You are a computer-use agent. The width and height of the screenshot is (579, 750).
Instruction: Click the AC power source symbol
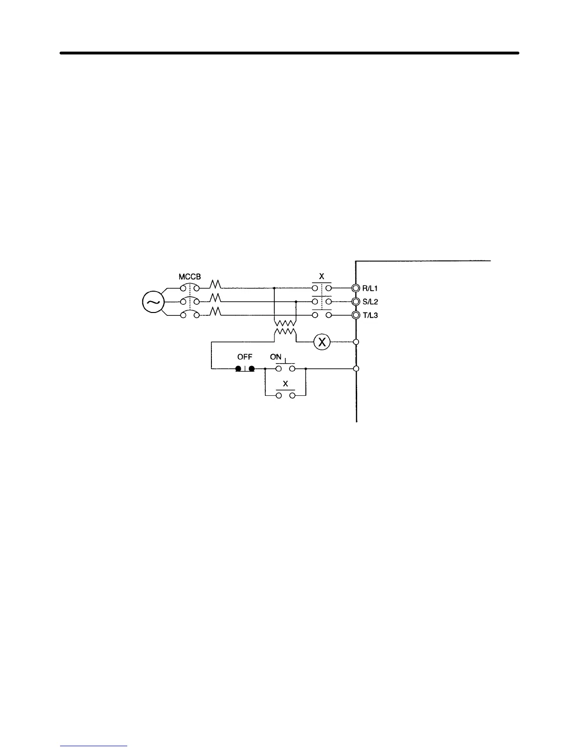pos(153,302)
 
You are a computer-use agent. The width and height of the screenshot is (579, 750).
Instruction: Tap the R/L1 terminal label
pos(370,288)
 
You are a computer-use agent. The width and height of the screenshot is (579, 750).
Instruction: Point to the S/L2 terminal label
pos(370,302)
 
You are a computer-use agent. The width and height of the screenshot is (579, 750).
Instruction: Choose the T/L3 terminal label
pos(370,315)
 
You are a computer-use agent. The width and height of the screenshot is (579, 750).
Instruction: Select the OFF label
pos(245,357)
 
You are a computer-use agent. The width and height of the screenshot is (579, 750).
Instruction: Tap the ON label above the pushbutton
pos(275,357)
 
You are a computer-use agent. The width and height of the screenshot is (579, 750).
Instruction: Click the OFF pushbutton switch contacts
pos(245,368)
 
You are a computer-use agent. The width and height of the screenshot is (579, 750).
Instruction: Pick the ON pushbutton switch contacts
pos(285,368)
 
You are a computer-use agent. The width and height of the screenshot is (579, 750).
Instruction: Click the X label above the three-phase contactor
pos(322,277)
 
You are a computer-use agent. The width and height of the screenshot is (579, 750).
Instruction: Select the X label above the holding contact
pos(285,384)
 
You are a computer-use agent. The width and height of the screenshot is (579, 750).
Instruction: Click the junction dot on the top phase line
pos(275,288)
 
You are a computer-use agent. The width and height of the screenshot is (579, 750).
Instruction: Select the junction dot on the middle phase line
pos(296,302)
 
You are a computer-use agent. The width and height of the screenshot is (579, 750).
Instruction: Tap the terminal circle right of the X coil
pos(356,342)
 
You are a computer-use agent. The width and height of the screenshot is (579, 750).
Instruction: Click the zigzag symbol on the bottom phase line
pos(216,312)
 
